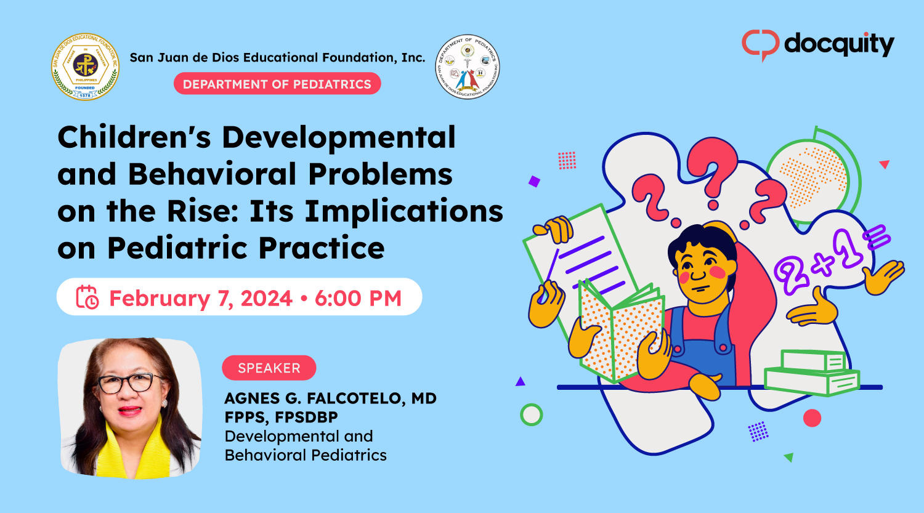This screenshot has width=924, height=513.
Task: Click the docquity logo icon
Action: click(761, 44)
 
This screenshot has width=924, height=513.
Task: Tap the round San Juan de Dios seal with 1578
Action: click(85, 67)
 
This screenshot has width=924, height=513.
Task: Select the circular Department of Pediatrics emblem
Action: click(468, 67)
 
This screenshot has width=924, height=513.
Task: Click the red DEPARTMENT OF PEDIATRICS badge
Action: click(277, 84)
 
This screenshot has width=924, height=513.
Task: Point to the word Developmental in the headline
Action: click(338, 137)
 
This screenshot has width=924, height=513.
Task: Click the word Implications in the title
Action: click(404, 211)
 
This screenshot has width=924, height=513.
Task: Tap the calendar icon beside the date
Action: click(87, 297)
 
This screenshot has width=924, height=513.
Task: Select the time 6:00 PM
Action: click(358, 298)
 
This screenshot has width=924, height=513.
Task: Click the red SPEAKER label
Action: click(269, 368)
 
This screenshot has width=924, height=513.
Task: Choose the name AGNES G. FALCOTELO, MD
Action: click(330, 398)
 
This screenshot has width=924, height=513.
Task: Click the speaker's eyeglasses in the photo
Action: click(126, 382)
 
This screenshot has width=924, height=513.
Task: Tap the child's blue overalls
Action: click(702, 345)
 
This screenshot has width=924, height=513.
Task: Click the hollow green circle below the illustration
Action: click(531, 414)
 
